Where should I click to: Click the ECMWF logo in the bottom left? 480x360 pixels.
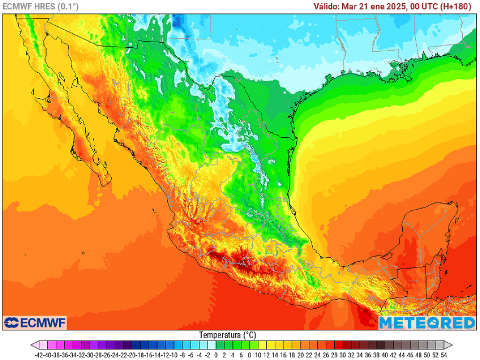(x=35, y=322)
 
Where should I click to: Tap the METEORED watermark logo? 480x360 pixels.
(x=427, y=322)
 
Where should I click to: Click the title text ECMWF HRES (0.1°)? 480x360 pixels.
(x=41, y=6)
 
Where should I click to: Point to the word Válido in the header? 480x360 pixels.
(x=327, y=6)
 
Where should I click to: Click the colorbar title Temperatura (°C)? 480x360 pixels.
(x=227, y=335)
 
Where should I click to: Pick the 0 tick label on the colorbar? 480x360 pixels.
(x=216, y=355)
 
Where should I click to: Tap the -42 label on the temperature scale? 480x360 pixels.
(x=39, y=355)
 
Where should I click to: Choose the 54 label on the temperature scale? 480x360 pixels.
(x=443, y=355)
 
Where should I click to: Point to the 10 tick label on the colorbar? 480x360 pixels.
(x=258, y=355)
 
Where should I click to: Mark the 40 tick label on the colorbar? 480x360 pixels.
(x=384, y=355)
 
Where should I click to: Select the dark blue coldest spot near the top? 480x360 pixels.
(x=178, y=21)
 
